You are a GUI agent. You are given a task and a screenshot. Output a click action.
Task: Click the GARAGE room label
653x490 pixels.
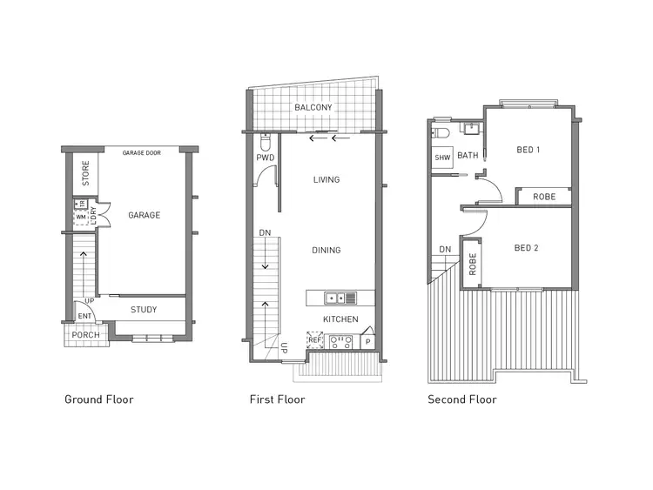[x=144, y=215]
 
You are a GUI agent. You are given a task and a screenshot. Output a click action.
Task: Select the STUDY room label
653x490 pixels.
[x=144, y=310]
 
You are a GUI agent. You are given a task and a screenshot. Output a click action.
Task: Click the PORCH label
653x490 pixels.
[x=85, y=335]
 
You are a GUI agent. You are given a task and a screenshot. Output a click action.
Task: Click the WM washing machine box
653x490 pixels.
[x=80, y=217]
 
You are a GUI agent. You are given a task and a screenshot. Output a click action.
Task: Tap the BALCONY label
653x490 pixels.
[x=313, y=107]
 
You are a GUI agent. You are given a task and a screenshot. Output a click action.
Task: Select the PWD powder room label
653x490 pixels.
[x=266, y=158]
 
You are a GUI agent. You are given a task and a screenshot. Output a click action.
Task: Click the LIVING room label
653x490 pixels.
[x=326, y=180]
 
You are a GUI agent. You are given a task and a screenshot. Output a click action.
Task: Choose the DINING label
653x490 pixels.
[x=326, y=251]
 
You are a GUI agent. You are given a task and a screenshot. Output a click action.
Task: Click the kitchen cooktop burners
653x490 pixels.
[x=342, y=341]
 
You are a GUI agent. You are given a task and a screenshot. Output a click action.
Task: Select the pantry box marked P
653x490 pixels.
[x=367, y=343]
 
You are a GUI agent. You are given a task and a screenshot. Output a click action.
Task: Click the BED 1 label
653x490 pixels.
[x=528, y=150]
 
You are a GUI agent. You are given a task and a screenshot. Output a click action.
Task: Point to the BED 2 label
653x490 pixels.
[x=526, y=248]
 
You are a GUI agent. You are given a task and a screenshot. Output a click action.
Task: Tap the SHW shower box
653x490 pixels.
[x=442, y=158]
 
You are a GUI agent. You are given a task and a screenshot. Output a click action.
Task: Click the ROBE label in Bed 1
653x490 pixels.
[x=544, y=197]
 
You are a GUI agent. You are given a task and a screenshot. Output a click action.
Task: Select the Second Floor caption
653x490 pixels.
[x=461, y=399]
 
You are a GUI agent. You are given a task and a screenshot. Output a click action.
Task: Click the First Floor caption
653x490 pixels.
[x=277, y=399]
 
